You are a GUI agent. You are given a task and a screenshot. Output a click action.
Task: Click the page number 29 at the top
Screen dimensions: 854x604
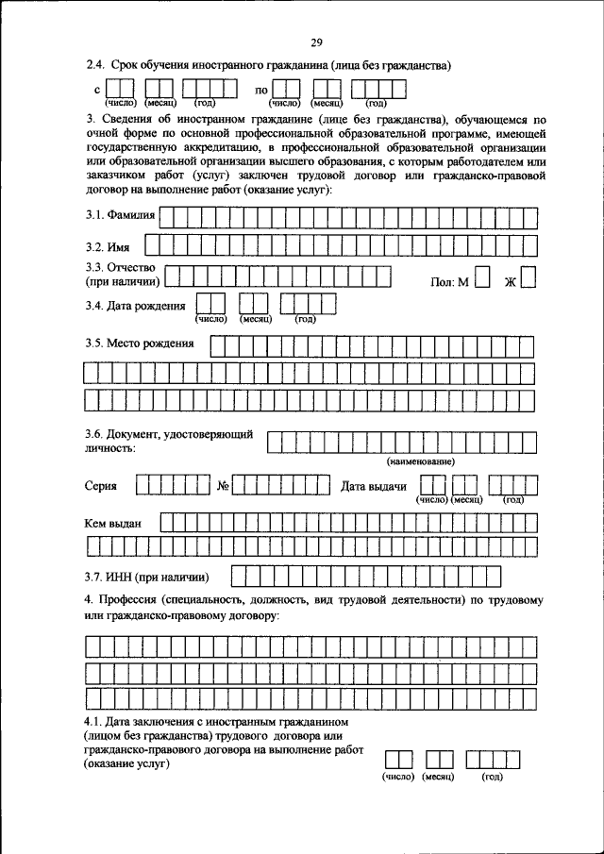[316, 42]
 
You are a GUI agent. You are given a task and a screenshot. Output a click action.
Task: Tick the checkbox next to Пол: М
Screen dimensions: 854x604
[482, 277]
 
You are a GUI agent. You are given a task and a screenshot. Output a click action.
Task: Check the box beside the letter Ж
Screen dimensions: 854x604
[528, 277]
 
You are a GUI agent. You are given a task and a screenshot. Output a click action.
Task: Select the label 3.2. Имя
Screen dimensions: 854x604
[107, 247]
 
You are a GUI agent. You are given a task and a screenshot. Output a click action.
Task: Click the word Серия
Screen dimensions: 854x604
[101, 487]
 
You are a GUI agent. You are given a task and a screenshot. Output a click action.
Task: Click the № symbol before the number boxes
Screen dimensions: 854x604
[225, 487]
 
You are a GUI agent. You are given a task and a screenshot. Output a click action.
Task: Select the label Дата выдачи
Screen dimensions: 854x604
[374, 487]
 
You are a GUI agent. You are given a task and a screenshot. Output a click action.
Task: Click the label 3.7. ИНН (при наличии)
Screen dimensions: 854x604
[146, 577]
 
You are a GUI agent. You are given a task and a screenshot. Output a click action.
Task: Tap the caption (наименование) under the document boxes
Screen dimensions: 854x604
[421, 461]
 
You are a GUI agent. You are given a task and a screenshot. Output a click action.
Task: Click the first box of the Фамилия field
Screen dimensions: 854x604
[167, 217]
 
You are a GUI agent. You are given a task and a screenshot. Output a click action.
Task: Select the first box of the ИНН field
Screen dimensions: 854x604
[239, 576]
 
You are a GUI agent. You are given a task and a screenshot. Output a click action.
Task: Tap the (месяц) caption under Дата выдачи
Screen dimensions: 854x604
[467, 499]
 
